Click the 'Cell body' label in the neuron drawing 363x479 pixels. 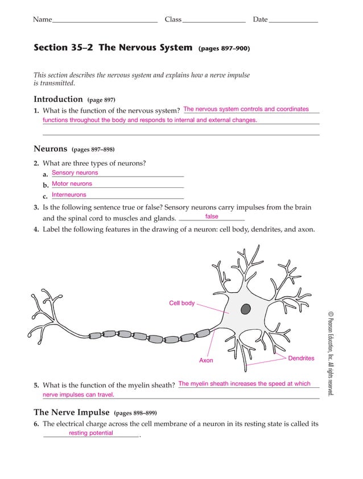[x=181, y=303]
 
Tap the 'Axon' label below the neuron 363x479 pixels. [x=206, y=361]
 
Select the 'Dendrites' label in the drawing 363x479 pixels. [x=301, y=358]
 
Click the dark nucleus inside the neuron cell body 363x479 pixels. [x=245, y=309]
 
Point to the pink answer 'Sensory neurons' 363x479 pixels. [x=75, y=173]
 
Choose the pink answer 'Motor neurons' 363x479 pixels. [x=72, y=184]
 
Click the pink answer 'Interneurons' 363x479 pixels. [x=69, y=195]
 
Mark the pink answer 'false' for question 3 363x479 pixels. [x=212, y=216]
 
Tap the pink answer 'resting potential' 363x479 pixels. [x=91, y=433]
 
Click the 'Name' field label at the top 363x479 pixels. [x=42, y=19]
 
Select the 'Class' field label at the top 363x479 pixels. [x=173, y=19]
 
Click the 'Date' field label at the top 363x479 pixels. [x=260, y=19]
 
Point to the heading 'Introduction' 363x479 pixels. [x=58, y=99]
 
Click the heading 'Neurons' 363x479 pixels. [x=51, y=149]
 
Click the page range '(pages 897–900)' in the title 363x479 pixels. [x=224, y=48]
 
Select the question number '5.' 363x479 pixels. [x=36, y=385]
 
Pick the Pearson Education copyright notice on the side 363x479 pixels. [x=330, y=353]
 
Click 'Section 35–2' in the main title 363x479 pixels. [x=63, y=47]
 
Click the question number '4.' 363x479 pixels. [x=36, y=230]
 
